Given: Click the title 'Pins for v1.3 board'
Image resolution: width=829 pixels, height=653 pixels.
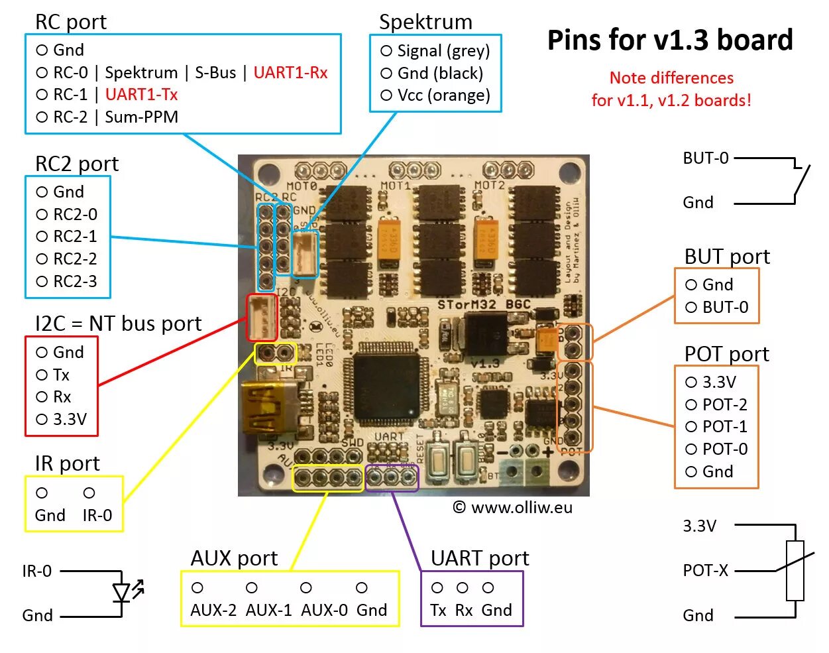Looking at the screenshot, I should pos(670,40).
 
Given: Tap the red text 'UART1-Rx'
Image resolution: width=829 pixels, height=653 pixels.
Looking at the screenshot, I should pos(290,72).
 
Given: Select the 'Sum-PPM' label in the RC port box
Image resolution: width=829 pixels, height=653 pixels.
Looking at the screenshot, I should pos(141,117).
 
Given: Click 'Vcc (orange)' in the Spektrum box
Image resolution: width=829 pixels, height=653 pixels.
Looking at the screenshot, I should pos(443,95).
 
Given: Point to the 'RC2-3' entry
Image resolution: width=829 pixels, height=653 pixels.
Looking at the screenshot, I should pos(75,281).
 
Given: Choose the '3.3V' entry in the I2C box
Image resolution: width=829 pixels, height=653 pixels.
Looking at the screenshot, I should pos(70,419).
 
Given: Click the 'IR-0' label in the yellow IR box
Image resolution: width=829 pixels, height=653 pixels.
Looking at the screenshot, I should pos(97,515).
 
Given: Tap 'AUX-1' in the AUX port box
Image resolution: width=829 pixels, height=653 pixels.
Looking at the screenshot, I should pos(268,610).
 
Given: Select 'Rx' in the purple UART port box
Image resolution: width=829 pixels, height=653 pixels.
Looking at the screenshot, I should pos(463,610).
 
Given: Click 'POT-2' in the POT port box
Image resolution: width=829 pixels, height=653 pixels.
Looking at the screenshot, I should pos(724,404).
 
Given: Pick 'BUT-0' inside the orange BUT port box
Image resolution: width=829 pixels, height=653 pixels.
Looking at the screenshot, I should pos(725,307).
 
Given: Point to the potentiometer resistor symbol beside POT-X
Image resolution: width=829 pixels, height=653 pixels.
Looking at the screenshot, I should pos(795,571).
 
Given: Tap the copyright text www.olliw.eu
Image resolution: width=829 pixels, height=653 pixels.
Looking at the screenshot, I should pos(513,508).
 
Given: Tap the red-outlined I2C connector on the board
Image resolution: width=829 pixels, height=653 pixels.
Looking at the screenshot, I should pos(261,318).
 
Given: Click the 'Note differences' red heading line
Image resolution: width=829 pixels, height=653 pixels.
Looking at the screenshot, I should pos(671,78).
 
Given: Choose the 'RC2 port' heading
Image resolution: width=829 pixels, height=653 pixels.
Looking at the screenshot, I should pos(77,164).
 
